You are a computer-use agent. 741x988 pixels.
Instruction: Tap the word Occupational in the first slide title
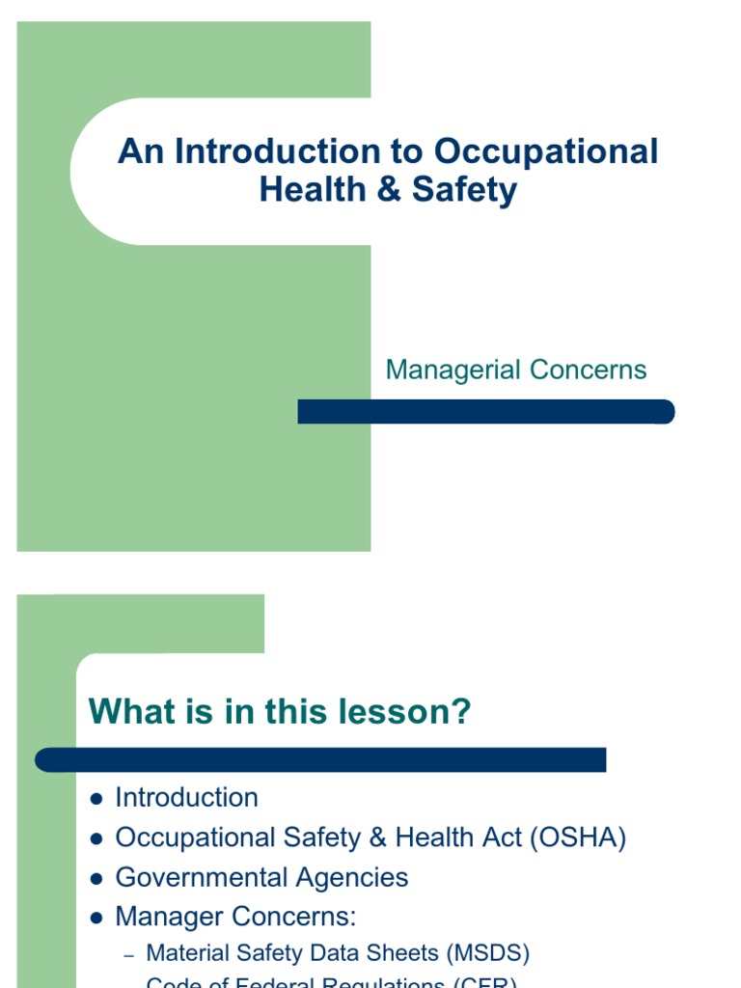(546, 151)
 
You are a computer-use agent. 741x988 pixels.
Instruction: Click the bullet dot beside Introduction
(96, 799)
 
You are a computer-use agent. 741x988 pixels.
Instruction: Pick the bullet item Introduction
(186, 798)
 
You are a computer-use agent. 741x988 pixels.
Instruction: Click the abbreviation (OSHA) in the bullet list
(578, 837)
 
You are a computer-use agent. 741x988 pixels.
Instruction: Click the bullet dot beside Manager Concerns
(96, 919)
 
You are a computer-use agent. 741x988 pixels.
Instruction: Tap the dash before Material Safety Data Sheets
(129, 955)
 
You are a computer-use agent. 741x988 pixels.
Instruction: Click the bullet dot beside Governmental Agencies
(96, 879)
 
